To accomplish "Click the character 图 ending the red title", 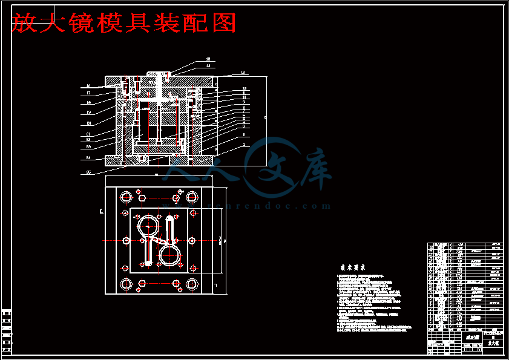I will [x=223, y=23].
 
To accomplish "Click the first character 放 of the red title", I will [x=23, y=23].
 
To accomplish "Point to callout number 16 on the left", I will [x=88, y=86].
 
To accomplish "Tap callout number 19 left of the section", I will [x=88, y=112].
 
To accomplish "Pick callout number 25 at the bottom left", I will [x=89, y=172].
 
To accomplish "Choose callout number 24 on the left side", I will [x=88, y=157].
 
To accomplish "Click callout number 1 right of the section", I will [x=244, y=145].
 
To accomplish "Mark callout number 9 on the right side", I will [x=244, y=101].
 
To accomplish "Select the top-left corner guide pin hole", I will [x=126, y=197].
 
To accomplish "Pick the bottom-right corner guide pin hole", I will [x=192, y=284].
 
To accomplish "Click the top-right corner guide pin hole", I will [x=192, y=197].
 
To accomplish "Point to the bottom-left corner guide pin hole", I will [x=126, y=284].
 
